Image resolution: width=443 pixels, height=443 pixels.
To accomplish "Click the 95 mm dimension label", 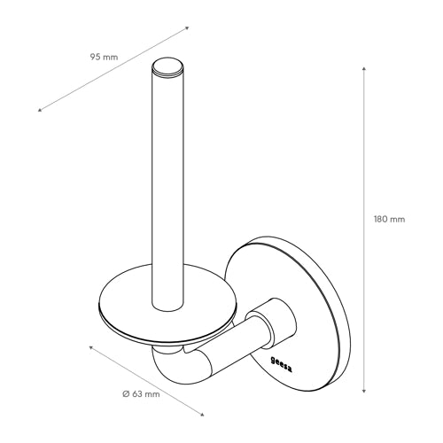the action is (x=104, y=57).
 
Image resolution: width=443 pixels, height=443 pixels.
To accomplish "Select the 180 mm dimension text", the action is (x=389, y=220).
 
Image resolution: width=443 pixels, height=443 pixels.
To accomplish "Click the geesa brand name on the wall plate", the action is (x=282, y=365).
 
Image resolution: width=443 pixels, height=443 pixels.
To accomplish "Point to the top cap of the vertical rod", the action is (x=167, y=66).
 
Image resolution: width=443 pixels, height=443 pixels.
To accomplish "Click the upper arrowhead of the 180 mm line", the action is (x=364, y=69).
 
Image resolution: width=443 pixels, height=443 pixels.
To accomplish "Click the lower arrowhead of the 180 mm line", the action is (x=364, y=390).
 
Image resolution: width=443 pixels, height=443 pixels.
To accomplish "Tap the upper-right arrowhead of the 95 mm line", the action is (x=187, y=28).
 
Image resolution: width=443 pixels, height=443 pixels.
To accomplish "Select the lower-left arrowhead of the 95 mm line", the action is (x=40, y=110).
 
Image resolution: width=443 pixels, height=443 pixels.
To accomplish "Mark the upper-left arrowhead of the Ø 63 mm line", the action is (x=91, y=348).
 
